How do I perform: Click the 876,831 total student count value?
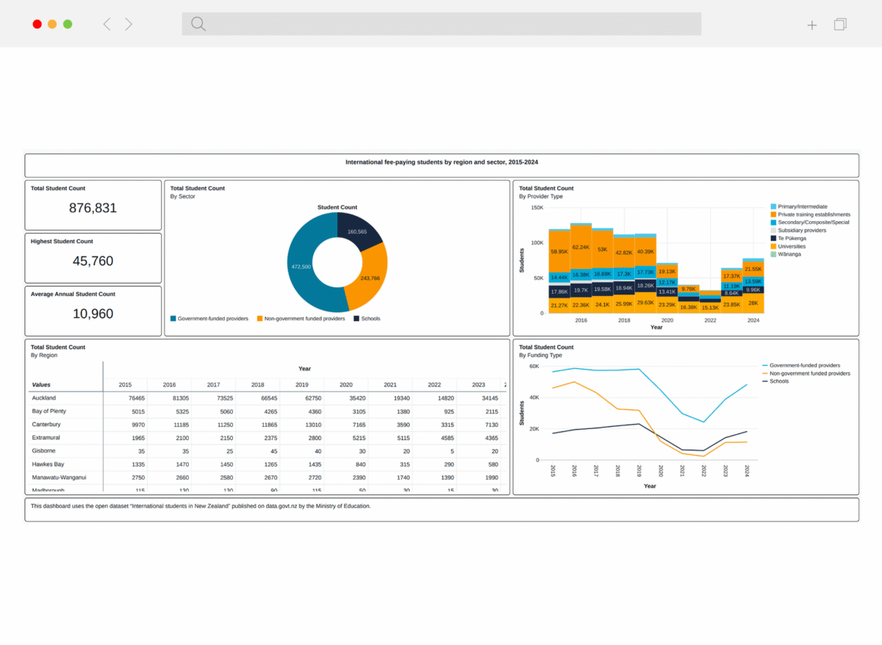click(x=93, y=208)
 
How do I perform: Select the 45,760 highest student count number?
click(x=93, y=261)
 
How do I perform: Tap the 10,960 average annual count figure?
click(x=93, y=314)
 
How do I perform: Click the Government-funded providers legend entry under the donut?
click(x=209, y=319)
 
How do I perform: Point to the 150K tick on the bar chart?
click(x=537, y=208)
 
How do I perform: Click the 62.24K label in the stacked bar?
click(x=581, y=248)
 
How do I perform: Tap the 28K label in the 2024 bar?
click(x=753, y=303)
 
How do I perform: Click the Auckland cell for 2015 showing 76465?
click(x=125, y=398)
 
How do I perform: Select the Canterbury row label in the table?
click(x=46, y=425)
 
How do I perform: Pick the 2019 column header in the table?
click(x=301, y=385)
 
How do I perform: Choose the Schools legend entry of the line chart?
click(x=779, y=381)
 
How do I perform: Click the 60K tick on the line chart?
click(x=534, y=366)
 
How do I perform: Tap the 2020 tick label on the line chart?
click(x=661, y=471)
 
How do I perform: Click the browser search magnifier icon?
click(x=198, y=24)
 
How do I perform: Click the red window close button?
click(x=37, y=24)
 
